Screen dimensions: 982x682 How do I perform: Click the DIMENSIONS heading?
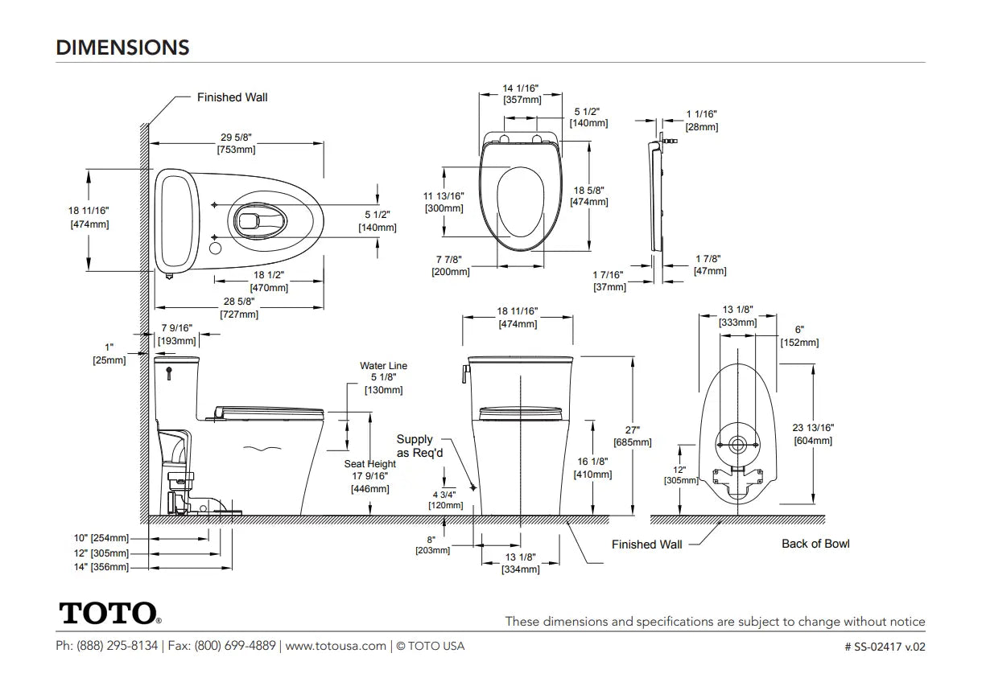[122, 47]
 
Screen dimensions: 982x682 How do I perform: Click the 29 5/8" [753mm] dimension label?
[237, 143]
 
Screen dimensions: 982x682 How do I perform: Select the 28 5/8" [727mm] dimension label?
[239, 307]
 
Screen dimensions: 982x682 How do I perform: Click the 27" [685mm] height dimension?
[633, 436]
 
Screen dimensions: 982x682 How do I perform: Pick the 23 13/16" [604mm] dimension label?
[813, 433]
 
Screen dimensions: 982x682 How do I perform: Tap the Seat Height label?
[370, 464]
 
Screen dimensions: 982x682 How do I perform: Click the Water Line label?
[384, 366]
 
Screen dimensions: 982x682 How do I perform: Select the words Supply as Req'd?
[419, 446]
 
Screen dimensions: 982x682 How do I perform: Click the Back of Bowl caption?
[815, 544]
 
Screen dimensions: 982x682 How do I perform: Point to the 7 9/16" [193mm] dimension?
[176, 335]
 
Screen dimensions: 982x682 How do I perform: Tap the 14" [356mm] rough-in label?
[101, 567]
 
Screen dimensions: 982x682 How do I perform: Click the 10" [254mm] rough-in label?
[101, 538]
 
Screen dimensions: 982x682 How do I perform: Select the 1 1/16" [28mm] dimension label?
[702, 121]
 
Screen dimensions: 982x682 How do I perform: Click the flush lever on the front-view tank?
[466, 375]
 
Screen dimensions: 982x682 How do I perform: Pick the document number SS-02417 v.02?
[885, 647]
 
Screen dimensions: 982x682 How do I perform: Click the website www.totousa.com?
[336, 646]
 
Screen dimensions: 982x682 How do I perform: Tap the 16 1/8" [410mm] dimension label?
[592, 468]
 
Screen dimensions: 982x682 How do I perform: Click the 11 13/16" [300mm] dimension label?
[444, 202]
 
